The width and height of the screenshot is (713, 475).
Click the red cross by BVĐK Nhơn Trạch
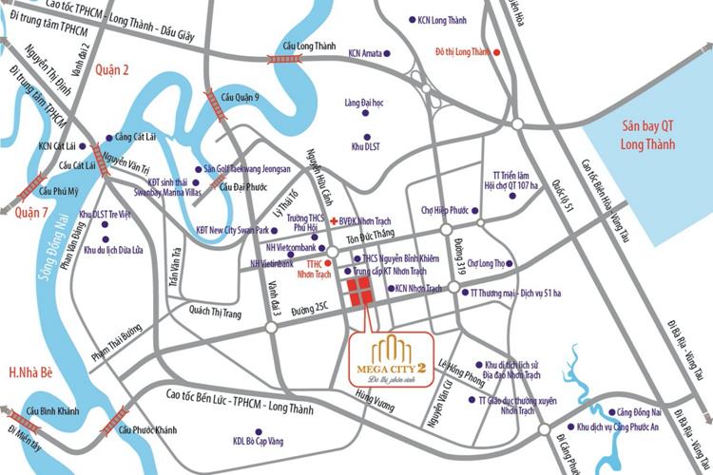click(334, 218)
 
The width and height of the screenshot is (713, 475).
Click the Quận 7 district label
click(33, 215)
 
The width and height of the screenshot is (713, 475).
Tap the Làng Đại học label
click(367, 103)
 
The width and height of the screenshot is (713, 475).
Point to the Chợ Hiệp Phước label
click(448, 210)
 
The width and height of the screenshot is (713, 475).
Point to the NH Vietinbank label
click(271, 263)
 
